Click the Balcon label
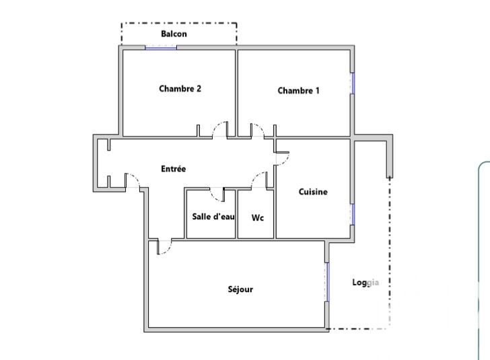click(174, 34)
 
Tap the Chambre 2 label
click(180, 89)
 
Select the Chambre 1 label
click(298, 91)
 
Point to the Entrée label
click(174, 169)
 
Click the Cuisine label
click(313, 192)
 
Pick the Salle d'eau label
click(213, 217)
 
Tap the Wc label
click(258, 217)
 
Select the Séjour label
click(240, 289)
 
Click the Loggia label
click(365, 283)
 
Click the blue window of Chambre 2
click(161, 48)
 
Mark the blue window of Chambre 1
click(353, 83)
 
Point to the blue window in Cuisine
click(353, 215)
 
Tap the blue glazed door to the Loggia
click(327, 282)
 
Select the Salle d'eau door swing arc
click(213, 197)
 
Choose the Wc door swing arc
click(256, 176)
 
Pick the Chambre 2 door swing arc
click(217, 126)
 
